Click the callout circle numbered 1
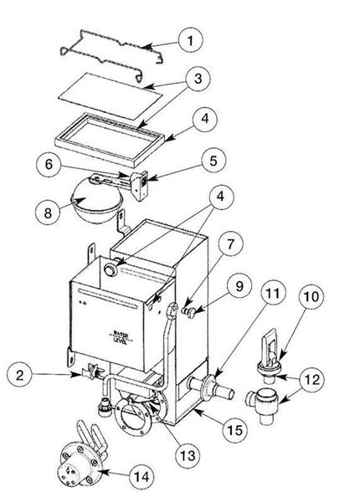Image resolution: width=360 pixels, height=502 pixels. click(x=193, y=38)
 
